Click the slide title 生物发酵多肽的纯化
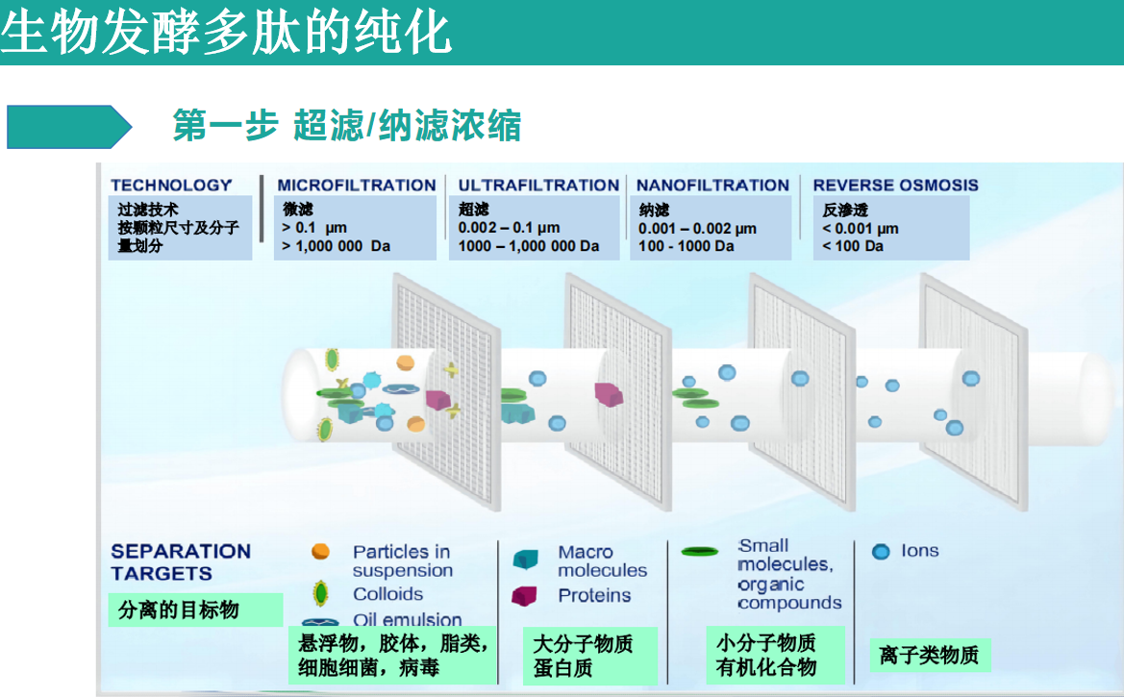coord(227,33)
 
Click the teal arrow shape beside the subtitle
coord(67,127)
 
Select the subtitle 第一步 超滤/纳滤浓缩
coord(346,126)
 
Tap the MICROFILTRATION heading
coord(356,186)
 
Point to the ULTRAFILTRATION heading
coord(538,186)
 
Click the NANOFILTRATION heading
coord(712,186)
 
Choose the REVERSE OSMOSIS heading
coord(895,186)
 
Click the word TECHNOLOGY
coord(171,186)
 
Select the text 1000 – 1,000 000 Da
coord(529,246)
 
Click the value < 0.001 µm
coord(861,229)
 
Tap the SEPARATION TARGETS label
coord(180,562)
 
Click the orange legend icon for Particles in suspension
coord(320,552)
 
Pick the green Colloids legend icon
coord(320,593)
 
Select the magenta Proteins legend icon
coord(524,596)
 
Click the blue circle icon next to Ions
coord(881,552)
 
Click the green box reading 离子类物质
coord(929,656)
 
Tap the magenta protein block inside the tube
coord(609,393)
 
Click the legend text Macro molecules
coord(602,561)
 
